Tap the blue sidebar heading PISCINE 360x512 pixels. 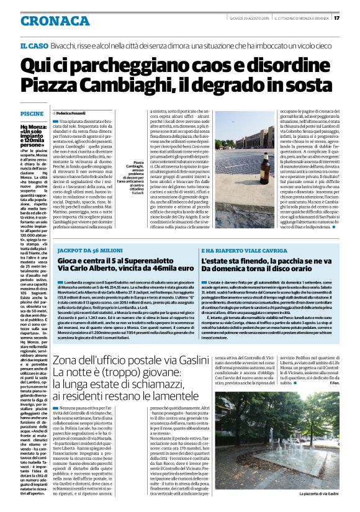[x=32, y=114]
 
